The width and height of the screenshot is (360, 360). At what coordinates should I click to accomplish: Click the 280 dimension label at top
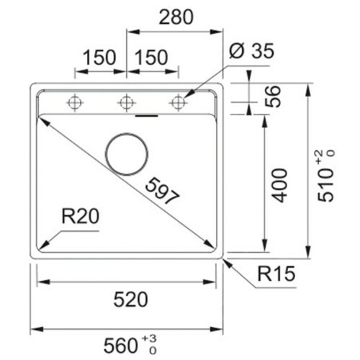coord(176,17)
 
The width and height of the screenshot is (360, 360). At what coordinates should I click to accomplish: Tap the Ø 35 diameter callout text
coord(251,51)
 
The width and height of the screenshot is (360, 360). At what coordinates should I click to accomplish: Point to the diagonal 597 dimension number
coord(162,192)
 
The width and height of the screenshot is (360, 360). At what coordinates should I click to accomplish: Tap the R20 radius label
coord(80,216)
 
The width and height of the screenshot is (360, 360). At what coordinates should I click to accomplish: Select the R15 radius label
coord(276,274)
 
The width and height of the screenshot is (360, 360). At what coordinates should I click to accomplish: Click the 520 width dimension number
coord(130,300)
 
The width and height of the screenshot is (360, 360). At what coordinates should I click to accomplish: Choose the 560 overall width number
coord(120,346)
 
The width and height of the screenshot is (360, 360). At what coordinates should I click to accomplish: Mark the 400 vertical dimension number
coord(279,186)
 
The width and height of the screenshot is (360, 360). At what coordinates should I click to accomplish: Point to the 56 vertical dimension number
coord(273,96)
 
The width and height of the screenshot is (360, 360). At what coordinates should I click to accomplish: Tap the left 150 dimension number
coord(99,58)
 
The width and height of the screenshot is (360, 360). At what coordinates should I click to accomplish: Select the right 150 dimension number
coord(151,58)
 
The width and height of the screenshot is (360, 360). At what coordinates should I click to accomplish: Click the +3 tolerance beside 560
coord(149,339)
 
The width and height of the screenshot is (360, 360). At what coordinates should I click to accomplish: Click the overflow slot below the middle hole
coord(147,116)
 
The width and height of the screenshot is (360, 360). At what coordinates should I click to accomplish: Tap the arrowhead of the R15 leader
coord(228,263)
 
